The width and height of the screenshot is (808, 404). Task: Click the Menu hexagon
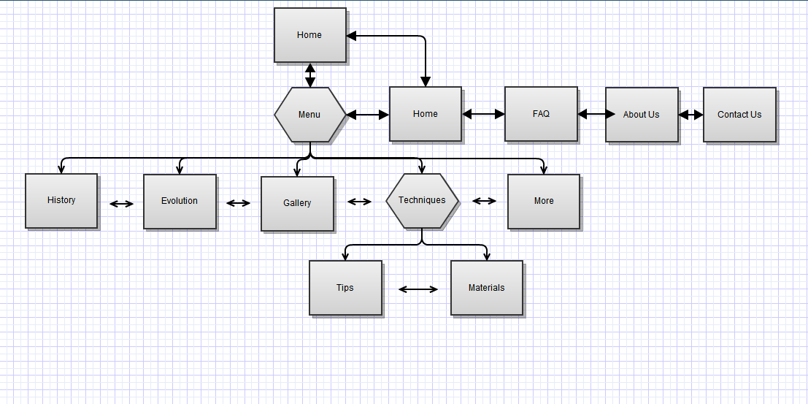tap(309, 115)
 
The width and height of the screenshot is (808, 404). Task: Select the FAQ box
tap(541, 114)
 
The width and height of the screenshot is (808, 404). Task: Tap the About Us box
tap(642, 115)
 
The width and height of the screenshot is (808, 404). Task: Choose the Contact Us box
tap(739, 115)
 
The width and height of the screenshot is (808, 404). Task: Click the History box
tap(61, 200)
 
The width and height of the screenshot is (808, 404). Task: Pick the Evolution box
tap(180, 201)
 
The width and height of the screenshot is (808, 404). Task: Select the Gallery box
tap(297, 203)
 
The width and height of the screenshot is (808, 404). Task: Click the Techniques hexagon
tap(422, 200)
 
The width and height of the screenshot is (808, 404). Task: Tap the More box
tap(544, 201)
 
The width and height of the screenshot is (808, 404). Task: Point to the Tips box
tap(345, 288)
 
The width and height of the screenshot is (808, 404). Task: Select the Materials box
tap(487, 288)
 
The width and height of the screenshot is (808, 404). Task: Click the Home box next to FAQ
tap(426, 114)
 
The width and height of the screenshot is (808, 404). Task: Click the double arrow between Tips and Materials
tap(418, 289)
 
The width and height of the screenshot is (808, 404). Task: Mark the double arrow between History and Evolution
tap(121, 204)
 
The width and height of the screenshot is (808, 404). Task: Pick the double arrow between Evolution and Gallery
tap(238, 203)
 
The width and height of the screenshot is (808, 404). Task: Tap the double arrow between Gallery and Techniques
tap(359, 202)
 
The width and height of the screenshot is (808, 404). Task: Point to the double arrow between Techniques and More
tap(484, 201)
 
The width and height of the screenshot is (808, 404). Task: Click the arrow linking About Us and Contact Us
tap(690, 115)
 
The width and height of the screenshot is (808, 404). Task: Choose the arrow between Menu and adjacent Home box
tap(367, 115)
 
